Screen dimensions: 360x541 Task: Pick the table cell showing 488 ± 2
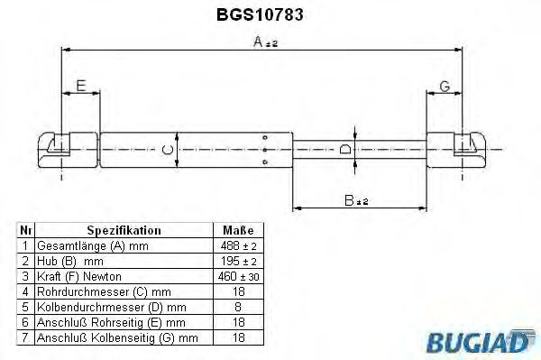pyautogui.click(x=238, y=245)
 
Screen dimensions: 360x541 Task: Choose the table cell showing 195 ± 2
pyautogui.click(x=238, y=261)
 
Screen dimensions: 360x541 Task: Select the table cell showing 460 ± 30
pyautogui.click(x=238, y=276)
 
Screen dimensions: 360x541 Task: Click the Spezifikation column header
pyautogui.click(x=123, y=230)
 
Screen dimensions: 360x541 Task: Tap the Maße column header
pyautogui.click(x=238, y=230)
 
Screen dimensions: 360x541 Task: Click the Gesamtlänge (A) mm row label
pyautogui.click(x=91, y=245)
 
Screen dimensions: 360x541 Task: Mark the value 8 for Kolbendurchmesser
pyautogui.click(x=238, y=307)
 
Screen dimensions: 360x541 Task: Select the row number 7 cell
pyautogui.click(x=26, y=337)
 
